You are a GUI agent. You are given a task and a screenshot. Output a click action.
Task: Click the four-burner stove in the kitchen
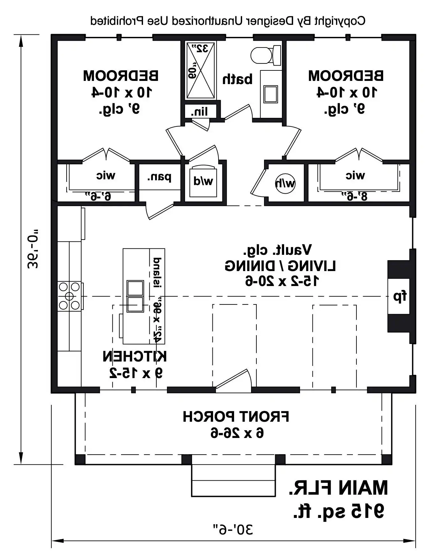(70, 296)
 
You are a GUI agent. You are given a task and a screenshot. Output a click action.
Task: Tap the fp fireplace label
(400, 297)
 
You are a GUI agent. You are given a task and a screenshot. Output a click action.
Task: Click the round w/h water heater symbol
(285, 183)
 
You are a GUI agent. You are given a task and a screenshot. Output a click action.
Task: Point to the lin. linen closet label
(199, 111)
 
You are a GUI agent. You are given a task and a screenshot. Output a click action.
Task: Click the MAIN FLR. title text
(338, 488)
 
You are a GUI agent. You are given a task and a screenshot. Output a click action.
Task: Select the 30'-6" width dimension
(233, 529)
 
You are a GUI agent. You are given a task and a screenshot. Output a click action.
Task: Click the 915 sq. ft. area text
(339, 511)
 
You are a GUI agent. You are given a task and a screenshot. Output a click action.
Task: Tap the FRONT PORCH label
(236, 417)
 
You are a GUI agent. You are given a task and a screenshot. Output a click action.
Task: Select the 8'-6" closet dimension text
(354, 196)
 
